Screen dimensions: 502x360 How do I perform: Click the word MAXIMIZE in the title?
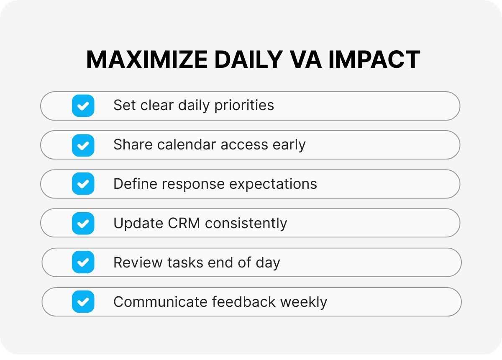click(147, 59)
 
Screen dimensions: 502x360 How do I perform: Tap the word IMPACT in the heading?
click(374, 59)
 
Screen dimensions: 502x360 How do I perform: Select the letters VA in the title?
click(306, 59)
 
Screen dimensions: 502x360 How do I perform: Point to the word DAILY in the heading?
click(249, 59)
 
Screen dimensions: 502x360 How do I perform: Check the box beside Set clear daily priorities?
click(83, 105)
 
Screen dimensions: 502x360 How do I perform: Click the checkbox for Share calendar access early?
click(83, 145)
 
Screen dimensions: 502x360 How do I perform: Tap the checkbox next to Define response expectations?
click(83, 184)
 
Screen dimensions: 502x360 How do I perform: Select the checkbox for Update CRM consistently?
click(83, 224)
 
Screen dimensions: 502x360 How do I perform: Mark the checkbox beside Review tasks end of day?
click(83, 262)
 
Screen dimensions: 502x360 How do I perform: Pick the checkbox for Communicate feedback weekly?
click(83, 302)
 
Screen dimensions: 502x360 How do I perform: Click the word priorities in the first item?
click(244, 105)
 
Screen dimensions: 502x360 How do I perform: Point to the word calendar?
click(187, 144)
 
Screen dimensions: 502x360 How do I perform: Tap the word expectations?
click(273, 184)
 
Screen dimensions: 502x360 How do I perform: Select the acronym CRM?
click(184, 224)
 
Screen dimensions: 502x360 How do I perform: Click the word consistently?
click(246, 224)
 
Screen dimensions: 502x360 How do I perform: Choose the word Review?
click(138, 262)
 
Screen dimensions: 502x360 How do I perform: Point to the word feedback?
click(244, 302)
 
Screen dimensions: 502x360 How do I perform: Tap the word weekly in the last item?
click(304, 302)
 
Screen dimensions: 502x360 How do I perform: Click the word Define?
click(136, 184)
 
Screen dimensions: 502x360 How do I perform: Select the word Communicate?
click(161, 302)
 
